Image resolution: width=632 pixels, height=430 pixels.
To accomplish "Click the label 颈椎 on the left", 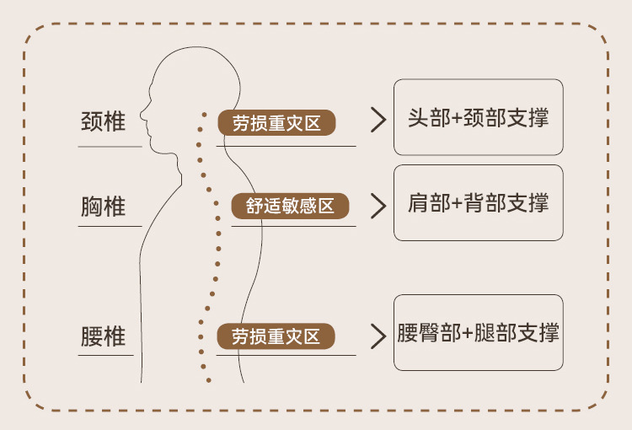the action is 103,121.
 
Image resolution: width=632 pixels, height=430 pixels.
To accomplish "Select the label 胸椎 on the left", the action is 103,206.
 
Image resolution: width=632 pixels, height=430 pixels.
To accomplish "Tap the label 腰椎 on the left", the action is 103,336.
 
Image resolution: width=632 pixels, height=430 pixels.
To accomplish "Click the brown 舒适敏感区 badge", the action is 290,206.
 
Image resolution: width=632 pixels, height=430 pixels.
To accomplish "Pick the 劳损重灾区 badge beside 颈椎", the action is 276,123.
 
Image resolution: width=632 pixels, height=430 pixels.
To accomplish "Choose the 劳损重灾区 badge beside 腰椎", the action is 276,336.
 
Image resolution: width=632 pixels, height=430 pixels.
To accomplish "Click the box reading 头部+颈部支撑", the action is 478,117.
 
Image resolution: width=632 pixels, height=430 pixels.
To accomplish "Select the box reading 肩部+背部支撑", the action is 478,202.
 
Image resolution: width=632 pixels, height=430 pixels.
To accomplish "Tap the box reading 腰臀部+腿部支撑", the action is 478,331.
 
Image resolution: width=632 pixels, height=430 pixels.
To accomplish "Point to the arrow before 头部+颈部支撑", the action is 378,120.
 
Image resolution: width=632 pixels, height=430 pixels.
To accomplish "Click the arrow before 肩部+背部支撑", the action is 378,205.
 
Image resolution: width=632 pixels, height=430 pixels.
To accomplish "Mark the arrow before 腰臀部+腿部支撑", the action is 378,336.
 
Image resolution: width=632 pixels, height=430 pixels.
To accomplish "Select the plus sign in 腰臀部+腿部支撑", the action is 468,332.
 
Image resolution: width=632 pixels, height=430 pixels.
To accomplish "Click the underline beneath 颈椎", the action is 110,146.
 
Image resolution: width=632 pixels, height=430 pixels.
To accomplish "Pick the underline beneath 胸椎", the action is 110,225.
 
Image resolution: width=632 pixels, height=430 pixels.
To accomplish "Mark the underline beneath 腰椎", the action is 105,355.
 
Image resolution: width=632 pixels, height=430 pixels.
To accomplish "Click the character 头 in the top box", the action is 417,117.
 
